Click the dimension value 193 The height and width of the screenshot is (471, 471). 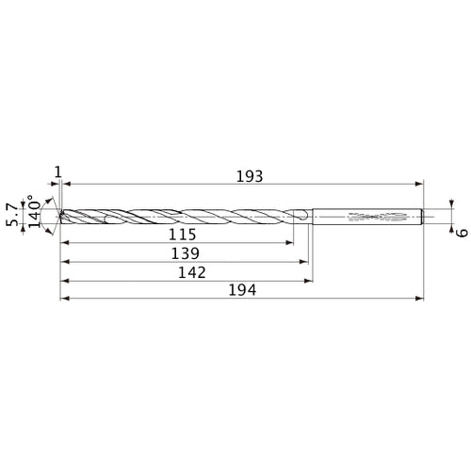click(249, 176)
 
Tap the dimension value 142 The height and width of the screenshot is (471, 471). click(193, 270)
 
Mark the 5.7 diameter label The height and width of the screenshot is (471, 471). click(12, 214)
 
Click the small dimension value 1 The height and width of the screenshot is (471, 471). click(58, 171)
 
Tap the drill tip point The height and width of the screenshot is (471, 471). click(59, 217)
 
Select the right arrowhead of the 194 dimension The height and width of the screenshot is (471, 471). click(420, 300)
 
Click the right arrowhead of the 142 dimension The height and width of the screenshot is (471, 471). click(310, 280)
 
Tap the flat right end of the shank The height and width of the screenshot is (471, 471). click(423, 216)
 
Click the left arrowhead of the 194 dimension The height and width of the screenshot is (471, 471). click(63, 300)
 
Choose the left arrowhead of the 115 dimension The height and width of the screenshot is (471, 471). click(63, 242)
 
